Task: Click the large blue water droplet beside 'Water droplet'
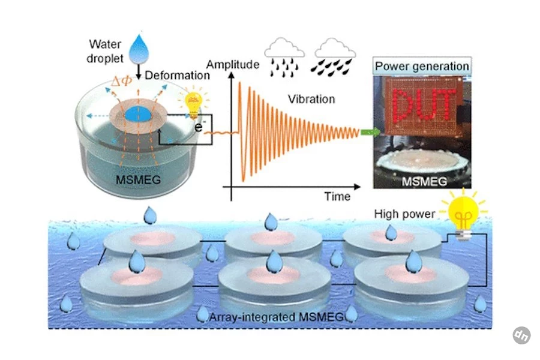(x=139, y=49)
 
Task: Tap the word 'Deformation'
(x=177, y=76)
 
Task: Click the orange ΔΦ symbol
(x=122, y=81)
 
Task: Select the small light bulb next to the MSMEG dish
(x=193, y=103)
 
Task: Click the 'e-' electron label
(x=200, y=127)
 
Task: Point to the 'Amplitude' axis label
(x=233, y=64)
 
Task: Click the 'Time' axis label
(x=337, y=196)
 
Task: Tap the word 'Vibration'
(x=311, y=99)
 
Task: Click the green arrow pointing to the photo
(x=370, y=132)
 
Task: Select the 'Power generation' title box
(x=422, y=66)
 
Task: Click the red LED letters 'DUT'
(x=424, y=106)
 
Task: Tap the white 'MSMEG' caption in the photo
(x=424, y=182)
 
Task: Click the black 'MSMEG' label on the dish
(x=139, y=180)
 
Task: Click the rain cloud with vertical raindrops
(x=284, y=57)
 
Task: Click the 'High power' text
(x=404, y=214)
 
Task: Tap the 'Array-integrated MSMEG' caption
(x=276, y=317)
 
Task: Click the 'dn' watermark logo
(x=521, y=335)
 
